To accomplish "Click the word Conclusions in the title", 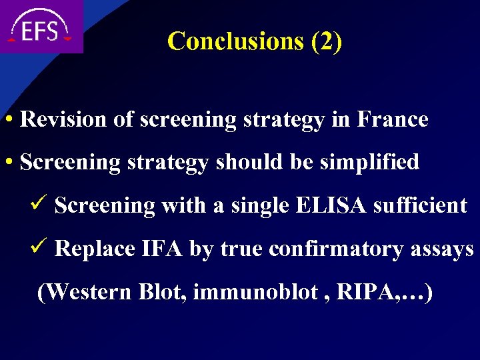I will coord(236,41).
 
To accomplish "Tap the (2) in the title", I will coord(327,41).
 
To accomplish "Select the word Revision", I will coord(63,120).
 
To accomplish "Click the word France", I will coord(393,120).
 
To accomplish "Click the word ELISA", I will coord(332,205).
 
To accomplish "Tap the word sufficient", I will coord(420,205).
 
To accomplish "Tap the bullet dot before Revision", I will coord(10,121).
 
